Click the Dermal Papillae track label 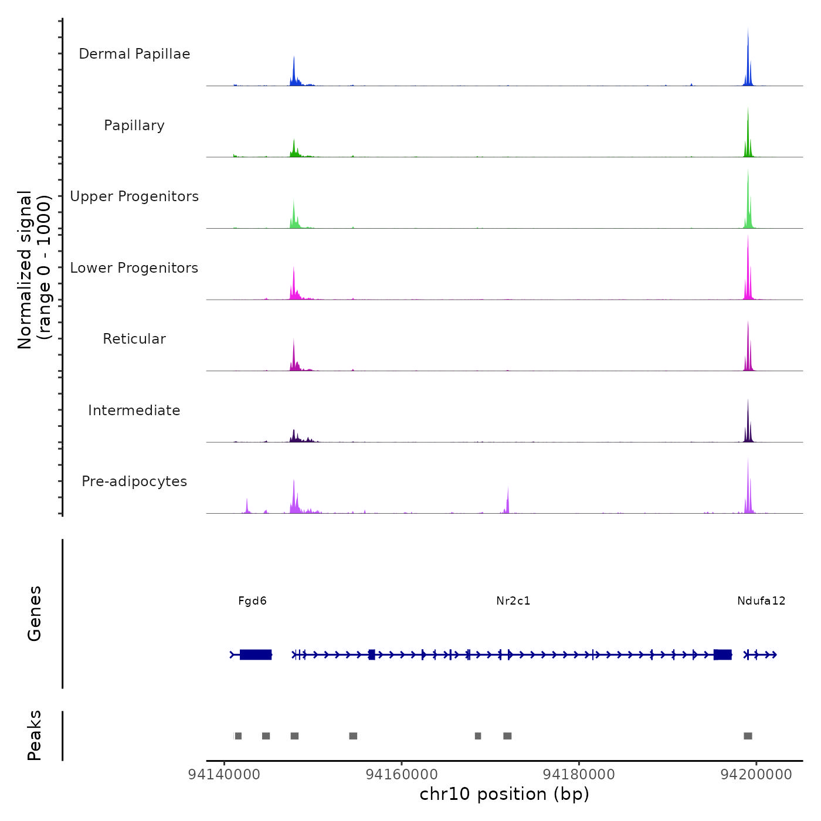pyautogui.click(x=134, y=54)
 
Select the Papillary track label pyautogui.click(x=134, y=125)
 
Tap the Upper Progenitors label pyautogui.click(x=134, y=196)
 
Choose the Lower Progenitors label pyautogui.click(x=134, y=268)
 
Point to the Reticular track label pyautogui.click(x=134, y=339)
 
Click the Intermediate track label pyautogui.click(x=134, y=410)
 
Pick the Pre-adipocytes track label pyautogui.click(x=134, y=481)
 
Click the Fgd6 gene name pyautogui.click(x=252, y=601)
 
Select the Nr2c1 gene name pyautogui.click(x=513, y=601)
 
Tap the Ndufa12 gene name pyautogui.click(x=761, y=601)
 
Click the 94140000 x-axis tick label pyautogui.click(x=224, y=774)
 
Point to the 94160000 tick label pyautogui.click(x=402, y=774)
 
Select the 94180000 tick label pyautogui.click(x=579, y=774)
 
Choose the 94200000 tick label pyautogui.click(x=756, y=774)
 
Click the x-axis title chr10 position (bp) pyautogui.click(x=504, y=794)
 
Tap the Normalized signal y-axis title pyautogui.click(x=34, y=270)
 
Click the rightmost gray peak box pyautogui.click(x=748, y=736)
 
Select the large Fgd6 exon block pyautogui.click(x=256, y=654)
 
